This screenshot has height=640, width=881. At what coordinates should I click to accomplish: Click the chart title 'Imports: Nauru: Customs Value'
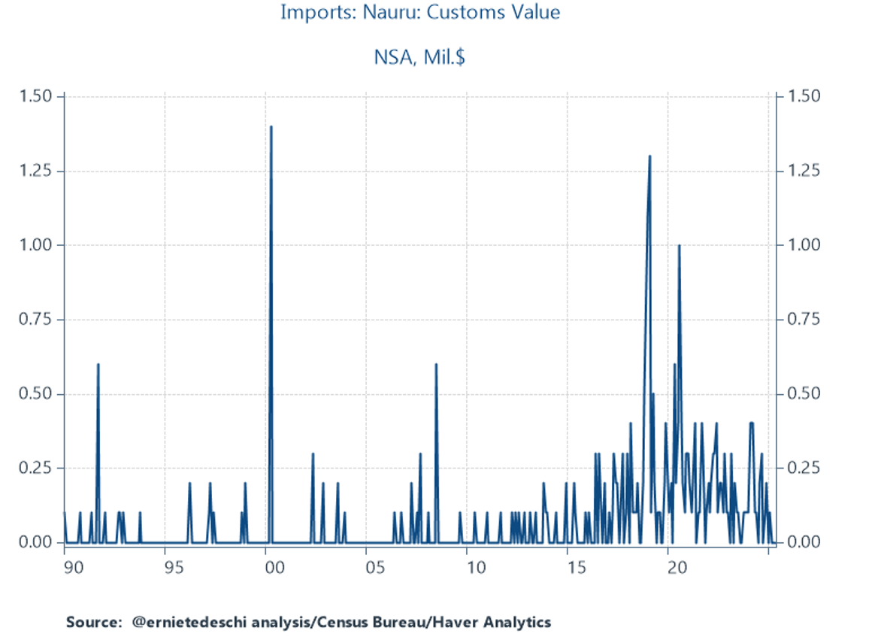[419, 13]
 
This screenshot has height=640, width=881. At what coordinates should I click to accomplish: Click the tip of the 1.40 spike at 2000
[271, 126]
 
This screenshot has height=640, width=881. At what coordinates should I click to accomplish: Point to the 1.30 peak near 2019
[649, 156]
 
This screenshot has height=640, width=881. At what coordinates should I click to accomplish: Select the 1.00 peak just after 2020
[679, 245]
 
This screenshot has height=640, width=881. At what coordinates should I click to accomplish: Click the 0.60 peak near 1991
[98, 365]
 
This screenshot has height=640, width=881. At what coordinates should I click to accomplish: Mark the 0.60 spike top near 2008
[436, 365]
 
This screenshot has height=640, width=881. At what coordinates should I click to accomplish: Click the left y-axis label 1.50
[35, 97]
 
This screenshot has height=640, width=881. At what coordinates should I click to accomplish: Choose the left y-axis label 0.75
[35, 320]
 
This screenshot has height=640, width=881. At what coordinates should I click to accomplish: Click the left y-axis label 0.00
[35, 542]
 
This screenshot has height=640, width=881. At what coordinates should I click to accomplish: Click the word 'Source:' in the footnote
[93, 622]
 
